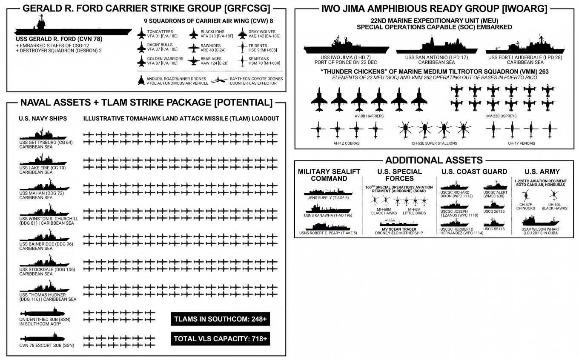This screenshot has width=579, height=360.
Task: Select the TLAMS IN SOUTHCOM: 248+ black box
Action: (221, 319)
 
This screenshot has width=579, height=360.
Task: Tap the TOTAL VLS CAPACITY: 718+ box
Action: (221, 339)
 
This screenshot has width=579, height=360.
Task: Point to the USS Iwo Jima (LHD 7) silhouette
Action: (345, 48)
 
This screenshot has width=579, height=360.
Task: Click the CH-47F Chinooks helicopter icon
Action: (526, 197)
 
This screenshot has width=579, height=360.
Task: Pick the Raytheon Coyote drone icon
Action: (221, 80)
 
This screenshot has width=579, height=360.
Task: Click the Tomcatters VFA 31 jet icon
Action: (141, 34)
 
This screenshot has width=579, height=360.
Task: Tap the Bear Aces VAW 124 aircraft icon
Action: (193, 61)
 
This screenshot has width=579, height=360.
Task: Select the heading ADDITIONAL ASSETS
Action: (434, 160)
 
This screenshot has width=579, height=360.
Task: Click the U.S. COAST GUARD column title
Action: (474, 171)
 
